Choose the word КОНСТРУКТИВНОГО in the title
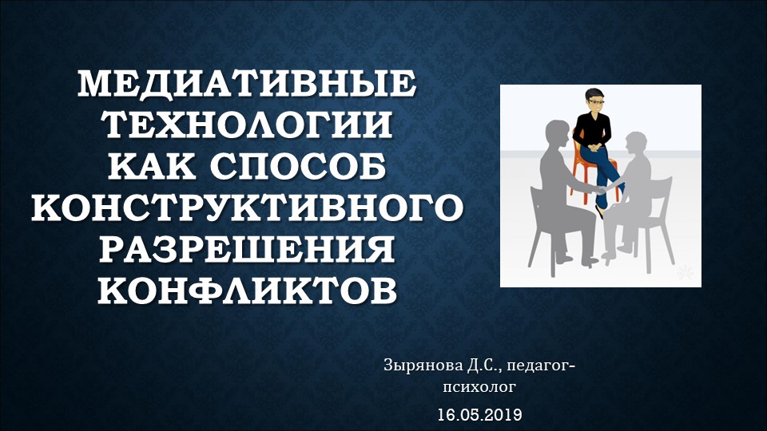247,208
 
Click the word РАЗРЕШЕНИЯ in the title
247,250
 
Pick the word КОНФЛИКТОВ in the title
247,291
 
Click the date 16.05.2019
479,415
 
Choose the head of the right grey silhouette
636,143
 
